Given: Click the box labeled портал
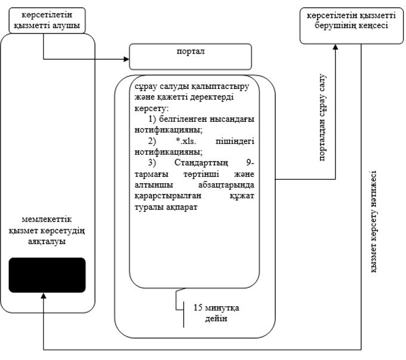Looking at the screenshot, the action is coord(190,57).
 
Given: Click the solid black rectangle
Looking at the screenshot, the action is coord(47,275).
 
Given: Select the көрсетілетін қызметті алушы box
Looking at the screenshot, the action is coord(47,20).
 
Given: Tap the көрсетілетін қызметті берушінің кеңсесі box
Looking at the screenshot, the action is coord(351,26).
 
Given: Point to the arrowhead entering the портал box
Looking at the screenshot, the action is coord(127,59).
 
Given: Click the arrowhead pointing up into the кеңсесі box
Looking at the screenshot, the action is coord(336,47).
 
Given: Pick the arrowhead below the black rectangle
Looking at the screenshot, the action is coord(44,296).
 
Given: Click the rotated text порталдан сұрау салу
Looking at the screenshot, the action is coord(322,118).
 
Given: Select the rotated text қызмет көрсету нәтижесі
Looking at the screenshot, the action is coord(374,221).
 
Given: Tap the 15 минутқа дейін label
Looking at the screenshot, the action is coord(217,313).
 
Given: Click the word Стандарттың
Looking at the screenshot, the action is coord(201,162).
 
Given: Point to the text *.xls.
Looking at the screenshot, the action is coord(186,141).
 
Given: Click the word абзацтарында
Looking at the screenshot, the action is coord(226,185).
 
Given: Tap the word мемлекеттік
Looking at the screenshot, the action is coord(47,219).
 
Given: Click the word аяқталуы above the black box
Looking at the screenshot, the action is coord(47,241).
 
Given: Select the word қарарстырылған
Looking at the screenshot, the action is coord(168,196).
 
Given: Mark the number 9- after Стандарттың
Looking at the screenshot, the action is coord(250,162).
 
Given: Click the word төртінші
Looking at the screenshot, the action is coord(201,174).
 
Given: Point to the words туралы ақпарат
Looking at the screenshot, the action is coord(166,207).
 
